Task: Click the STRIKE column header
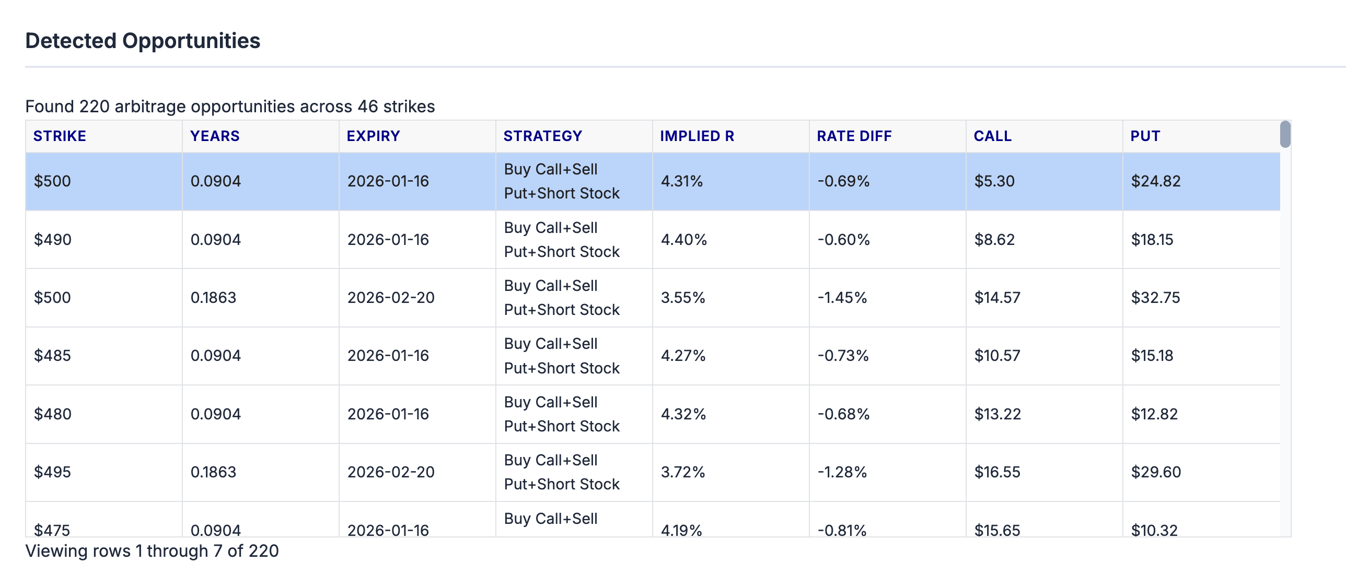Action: [x=60, y=136]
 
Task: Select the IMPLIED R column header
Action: [x=697, y=136]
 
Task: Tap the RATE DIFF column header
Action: [x=854, y=136]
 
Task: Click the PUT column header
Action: [x=1145, y=136]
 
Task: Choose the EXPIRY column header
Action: [x=373, y=136]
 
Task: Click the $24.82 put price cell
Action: [x=1155, y=181]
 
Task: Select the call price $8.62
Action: [x=994, y=240]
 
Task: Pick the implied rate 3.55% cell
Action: [x=682, y=298]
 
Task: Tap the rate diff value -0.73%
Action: [x=843, y=356]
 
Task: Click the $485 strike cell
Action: [x=52, y=356]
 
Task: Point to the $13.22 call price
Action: [x=997, y=414]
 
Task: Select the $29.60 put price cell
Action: [x=1155, y=472]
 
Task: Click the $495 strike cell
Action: [x=52, y=472]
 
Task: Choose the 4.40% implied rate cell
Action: [x=683, y=240]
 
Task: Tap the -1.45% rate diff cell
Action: [x=842, y=298]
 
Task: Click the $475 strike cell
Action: [x=52, y=530]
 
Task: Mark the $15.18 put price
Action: [x=1152, y=356]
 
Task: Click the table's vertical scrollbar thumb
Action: [x=1285, y=134]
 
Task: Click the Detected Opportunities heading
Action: [x=143, y=41]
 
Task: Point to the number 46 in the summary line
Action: [x=367, y=107]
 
